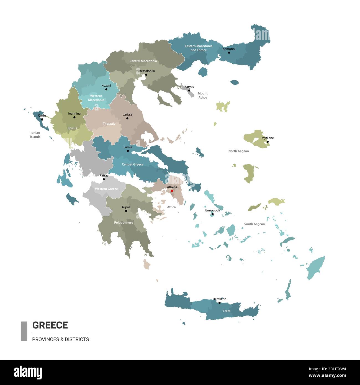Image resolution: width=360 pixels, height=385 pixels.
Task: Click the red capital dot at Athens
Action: [x=172, y=191]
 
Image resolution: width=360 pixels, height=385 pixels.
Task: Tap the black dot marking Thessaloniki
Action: [x=146, y=75]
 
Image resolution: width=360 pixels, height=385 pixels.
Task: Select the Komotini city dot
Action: [x=229, y=53]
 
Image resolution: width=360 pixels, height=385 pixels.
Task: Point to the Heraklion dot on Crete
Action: [x=219, y=303]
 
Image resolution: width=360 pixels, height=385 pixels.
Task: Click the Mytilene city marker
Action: [x=268, y=142]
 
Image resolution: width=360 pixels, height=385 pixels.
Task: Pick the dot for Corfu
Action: [x=42, y=119]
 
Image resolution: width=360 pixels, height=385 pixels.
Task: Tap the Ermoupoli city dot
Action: [x=213, y=214]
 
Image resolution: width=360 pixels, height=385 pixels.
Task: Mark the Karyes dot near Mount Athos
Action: [x=189, y=91]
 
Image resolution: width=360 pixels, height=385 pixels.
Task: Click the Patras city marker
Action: [x=104, y=179]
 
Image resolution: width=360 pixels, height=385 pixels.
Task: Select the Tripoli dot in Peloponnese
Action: [x=126, y=211]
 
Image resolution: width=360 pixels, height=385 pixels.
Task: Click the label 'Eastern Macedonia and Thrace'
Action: [x=199, y=48]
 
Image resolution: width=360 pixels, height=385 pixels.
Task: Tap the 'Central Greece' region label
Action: [x=132, y=164]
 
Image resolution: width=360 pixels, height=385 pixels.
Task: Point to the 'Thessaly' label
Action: [x=109, y=124]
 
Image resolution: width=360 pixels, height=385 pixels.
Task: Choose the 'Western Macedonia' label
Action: [x=96, y=98]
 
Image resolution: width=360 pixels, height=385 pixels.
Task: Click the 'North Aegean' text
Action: [x=238, y=151]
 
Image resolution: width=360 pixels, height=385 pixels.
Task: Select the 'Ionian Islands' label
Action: [x=35, y=135]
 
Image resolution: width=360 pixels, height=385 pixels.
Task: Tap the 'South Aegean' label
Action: [x=254, y=224]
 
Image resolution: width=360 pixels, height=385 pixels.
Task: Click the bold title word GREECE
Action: [x=50, y=325]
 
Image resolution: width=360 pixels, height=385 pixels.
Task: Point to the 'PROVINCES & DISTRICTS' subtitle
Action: [x=60, y=339]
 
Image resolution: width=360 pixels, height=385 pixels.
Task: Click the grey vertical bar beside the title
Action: [x=24, y=331]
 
